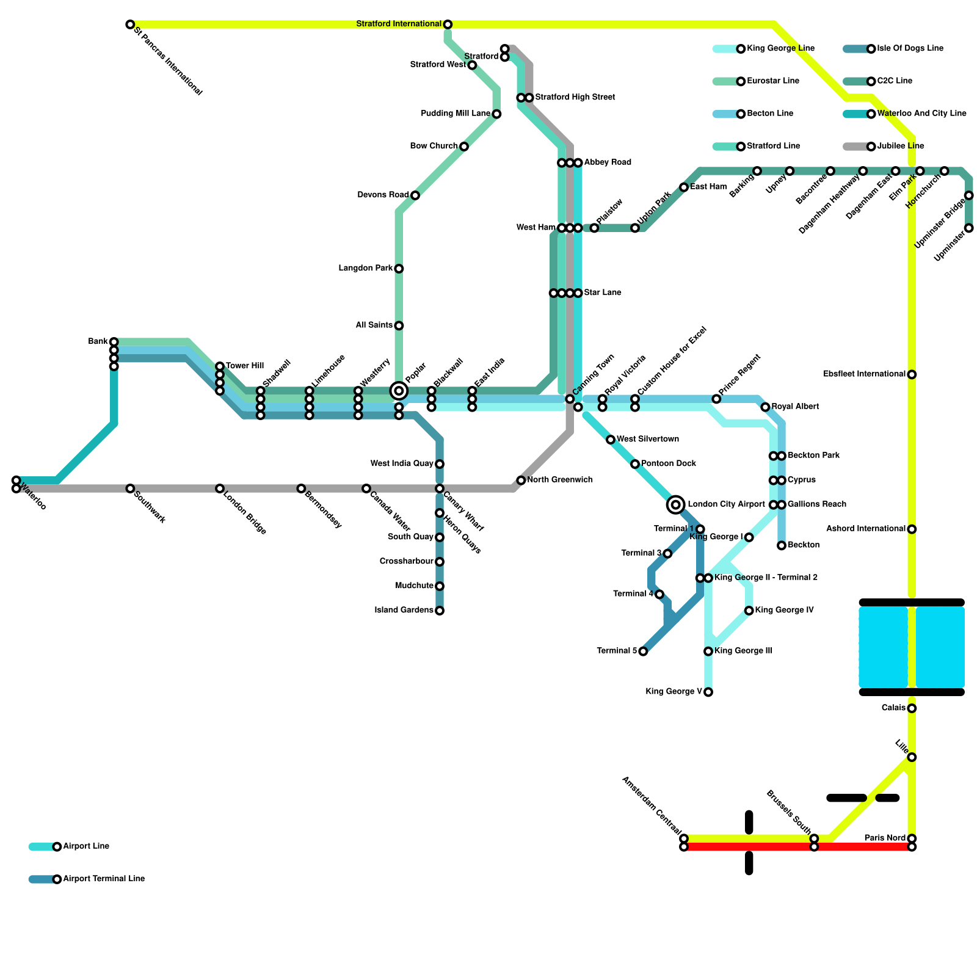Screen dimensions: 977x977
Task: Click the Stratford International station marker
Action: point(448,24)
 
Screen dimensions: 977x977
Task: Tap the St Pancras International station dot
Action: point(130,24)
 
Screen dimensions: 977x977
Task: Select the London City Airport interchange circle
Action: point(675,504)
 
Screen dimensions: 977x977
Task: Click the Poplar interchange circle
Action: point(399,391)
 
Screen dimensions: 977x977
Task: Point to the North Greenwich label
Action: point(559,480)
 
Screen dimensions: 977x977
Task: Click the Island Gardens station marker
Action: point(440,611)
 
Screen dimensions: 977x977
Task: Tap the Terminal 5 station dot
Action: point(643,652)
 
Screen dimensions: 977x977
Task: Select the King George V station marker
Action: point(708,692)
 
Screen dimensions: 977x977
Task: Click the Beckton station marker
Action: point(782,545)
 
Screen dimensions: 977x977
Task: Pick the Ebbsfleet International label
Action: point(864,374)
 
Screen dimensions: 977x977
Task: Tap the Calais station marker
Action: point(912,708)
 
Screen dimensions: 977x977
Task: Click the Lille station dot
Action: point(912,757)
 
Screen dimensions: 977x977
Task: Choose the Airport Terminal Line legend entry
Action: point(104,879)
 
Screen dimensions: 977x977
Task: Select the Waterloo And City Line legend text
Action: point(921,114)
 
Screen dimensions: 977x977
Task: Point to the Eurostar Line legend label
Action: point(773,81)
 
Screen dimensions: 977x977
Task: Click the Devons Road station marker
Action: point(415,195)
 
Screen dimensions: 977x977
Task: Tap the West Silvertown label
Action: point(647,440)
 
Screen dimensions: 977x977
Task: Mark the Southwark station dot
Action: point(130,488)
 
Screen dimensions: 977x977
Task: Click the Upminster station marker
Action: point(969,228)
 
